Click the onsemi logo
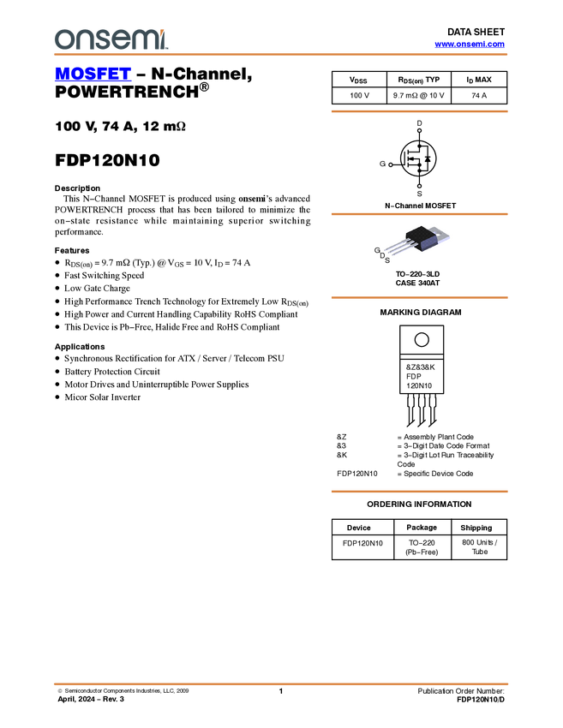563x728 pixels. pyautogui.click(x=111, y=39)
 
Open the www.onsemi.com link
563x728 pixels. pyautogui.click(x=470, y=44)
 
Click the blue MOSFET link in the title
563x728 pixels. pyautogui.click(x=93, y=74)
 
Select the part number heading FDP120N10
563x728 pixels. pyautogui.click(x=107, y=160)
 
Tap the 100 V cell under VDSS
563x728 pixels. pyautogui.click(x=360, y=96)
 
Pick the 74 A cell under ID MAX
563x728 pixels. pyautogui.click(x=479, y=96)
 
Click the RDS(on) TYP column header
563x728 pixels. pyautogui.click(x=418, y=80)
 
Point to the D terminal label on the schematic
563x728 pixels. pyautogui.click(x=419, y=123)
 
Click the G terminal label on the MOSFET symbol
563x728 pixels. pyautogui.click(x=382, y=164)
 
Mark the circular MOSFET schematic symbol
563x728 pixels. pyautogui.click(x=418, y=158)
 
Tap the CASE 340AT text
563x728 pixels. pyautogui.click(x=417, y=283)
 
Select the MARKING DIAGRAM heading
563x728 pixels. pyautogui.click(x=421, y=313)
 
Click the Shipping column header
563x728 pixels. pyautogui.click(x=476, y=528)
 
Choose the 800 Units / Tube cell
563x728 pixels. pyautogui.click(x=479, y=547)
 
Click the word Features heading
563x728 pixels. pyautogui.click(x=71, y=251)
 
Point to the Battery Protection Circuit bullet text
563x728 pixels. pyautogui.click(x=112, y=372)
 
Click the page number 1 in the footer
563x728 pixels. pyautogui.click(x=281, y=691)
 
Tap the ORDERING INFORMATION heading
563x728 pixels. pyautogui.click(x=419, y=504)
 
